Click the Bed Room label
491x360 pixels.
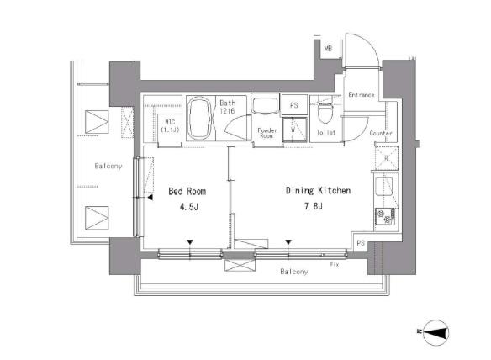pyautogui.click(x=187, y=191)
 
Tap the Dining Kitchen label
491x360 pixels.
pyautogui.click(x=318, y=190)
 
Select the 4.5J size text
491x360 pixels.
pyautogui.click(x=189, y=207)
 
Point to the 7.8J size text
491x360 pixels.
pyautogui.click(x=314, y=206)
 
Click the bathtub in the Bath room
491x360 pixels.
pyautogui.click(x=200, y=118)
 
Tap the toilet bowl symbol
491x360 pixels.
pyautogui.click(x=324, y=113)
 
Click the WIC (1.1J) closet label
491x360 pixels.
pyautogui.click(x=170, y=126)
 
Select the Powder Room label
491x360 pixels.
pyautogui.click(x=267, y=133)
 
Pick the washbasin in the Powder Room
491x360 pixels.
pyautogui.click(x=265, y=106)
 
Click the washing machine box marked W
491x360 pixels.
pyautogui.click(x=294, y=129)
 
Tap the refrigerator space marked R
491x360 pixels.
pyautogui.click(x=387, y=157)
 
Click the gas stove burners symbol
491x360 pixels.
pyautogui.click(x=385, y=216)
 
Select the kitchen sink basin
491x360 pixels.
pyautogui.click(x=384, y=187)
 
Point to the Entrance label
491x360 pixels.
pyautogui.click(x=362, y=94)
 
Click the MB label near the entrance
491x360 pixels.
pyautogui.click(x=328, y=49)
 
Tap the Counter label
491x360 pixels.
pyautogui.click(x=381, y=133)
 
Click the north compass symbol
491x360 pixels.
pyautogui.click(x=436, y=332)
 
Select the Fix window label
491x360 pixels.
pyautogui.click(x=335, y=265)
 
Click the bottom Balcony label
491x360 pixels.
pyautogui.click(x=294, y=272)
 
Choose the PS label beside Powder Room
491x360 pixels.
pyautogui.click(x=293, y=105)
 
